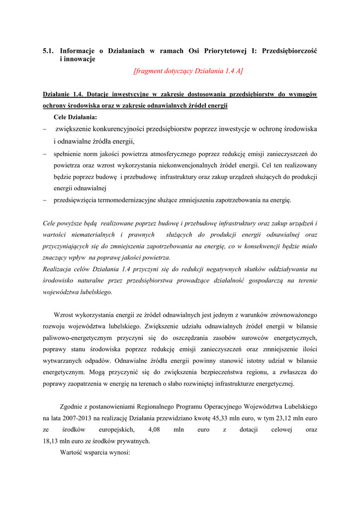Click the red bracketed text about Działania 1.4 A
point(188,71)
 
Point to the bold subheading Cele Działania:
point(75,117)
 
